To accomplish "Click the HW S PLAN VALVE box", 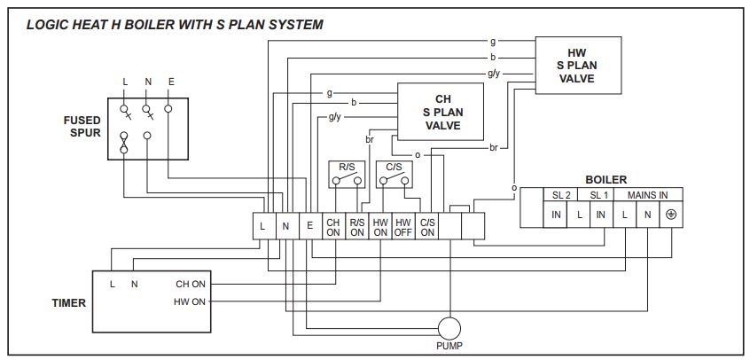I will point(576,67).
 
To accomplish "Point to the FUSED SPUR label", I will point(82,127).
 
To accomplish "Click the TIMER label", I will point(68,303).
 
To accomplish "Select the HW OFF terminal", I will point(403,226).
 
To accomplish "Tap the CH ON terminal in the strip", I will point(333,226).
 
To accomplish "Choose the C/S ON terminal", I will point(427,226).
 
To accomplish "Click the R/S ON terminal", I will point(357,226).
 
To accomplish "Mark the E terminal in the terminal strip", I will point(309,226).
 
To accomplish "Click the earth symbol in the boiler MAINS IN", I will point(671,215).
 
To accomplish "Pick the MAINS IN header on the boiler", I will point(648,194).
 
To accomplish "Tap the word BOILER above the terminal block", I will point(605,179).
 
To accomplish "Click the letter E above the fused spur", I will point(171,82).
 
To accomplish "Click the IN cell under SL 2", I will point(557,215).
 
